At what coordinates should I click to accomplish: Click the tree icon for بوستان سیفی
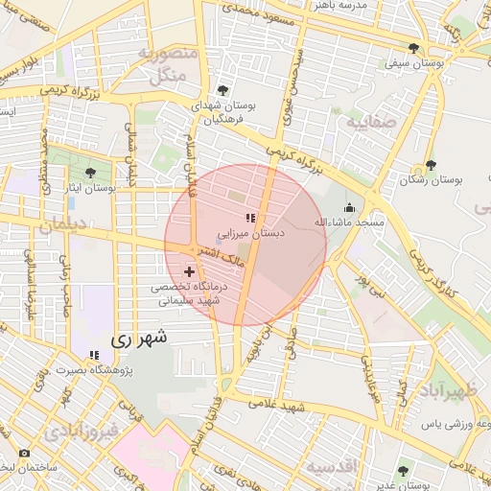pyautogui.click(x=413, y=48)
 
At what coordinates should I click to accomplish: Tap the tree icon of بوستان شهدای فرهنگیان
pyautogui.click(x=222, y=89)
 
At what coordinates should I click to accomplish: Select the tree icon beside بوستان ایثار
pyautogui.click(x=91, y=174)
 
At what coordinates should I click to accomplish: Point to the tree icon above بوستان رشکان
pyautogui.click(x=431, y=165)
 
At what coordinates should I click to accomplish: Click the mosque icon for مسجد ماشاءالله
pyautogui.click(x=350, y=207)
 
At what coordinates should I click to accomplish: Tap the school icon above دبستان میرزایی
pyautogui.click(x=250, y=218)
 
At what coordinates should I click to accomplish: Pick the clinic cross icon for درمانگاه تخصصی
pyautogui.click(x=188, y=272)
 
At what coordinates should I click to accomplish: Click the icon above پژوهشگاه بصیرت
pyautogui.click(x=93, y=354)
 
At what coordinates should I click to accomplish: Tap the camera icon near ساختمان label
pyautogui.click(x=23, y=453)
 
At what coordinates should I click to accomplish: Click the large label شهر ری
pyautogui.click(x=140, y=338)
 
